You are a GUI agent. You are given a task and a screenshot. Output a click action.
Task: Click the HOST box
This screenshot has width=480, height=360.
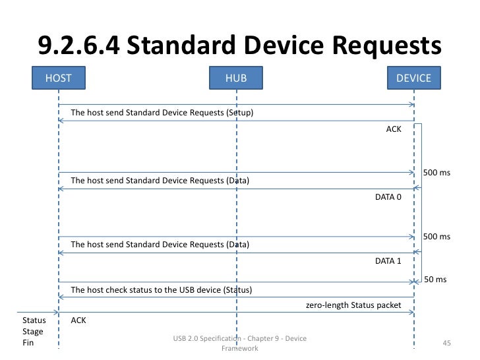tap(58, 78)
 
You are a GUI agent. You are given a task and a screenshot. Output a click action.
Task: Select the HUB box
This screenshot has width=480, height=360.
tap(236, 78)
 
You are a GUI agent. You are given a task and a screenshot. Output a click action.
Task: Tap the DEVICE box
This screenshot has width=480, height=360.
tap(413, 78)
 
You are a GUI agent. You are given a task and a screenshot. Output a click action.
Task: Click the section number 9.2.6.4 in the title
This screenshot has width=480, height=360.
tap(77, 45)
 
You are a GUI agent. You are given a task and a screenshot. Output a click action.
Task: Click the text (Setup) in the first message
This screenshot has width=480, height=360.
tap(240, 113)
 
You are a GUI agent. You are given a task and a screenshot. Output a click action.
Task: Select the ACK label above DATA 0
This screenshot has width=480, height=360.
tap(393, 129)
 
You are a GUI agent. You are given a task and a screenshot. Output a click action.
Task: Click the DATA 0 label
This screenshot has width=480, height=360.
tap(388, 196)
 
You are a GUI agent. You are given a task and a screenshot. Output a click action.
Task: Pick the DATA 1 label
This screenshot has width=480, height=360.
tap(388, 261)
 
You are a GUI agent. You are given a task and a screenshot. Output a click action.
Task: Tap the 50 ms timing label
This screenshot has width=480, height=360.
tap(435, 280)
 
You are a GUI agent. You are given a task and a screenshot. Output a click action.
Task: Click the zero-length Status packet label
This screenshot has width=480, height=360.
tap(359, 306)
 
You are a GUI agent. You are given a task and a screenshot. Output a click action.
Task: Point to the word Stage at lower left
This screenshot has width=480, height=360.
tap(33, 332)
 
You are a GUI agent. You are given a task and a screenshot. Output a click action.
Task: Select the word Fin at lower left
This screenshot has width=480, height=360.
tap(28, 343)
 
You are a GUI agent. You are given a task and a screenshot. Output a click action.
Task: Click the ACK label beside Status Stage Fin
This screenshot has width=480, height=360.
tap(78, 320)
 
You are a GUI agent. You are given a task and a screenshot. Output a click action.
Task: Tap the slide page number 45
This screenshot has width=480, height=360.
tap(446, 344)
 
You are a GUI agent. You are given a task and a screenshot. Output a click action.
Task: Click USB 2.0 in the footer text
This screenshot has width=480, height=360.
tap(187, 339)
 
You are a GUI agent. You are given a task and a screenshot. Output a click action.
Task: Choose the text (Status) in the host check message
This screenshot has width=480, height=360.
tap(238, 290)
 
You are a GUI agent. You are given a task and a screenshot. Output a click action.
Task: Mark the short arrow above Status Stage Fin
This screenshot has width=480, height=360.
tap(36, 311)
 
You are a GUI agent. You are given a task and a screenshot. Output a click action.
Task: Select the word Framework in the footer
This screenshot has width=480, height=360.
tap(239, 348)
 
